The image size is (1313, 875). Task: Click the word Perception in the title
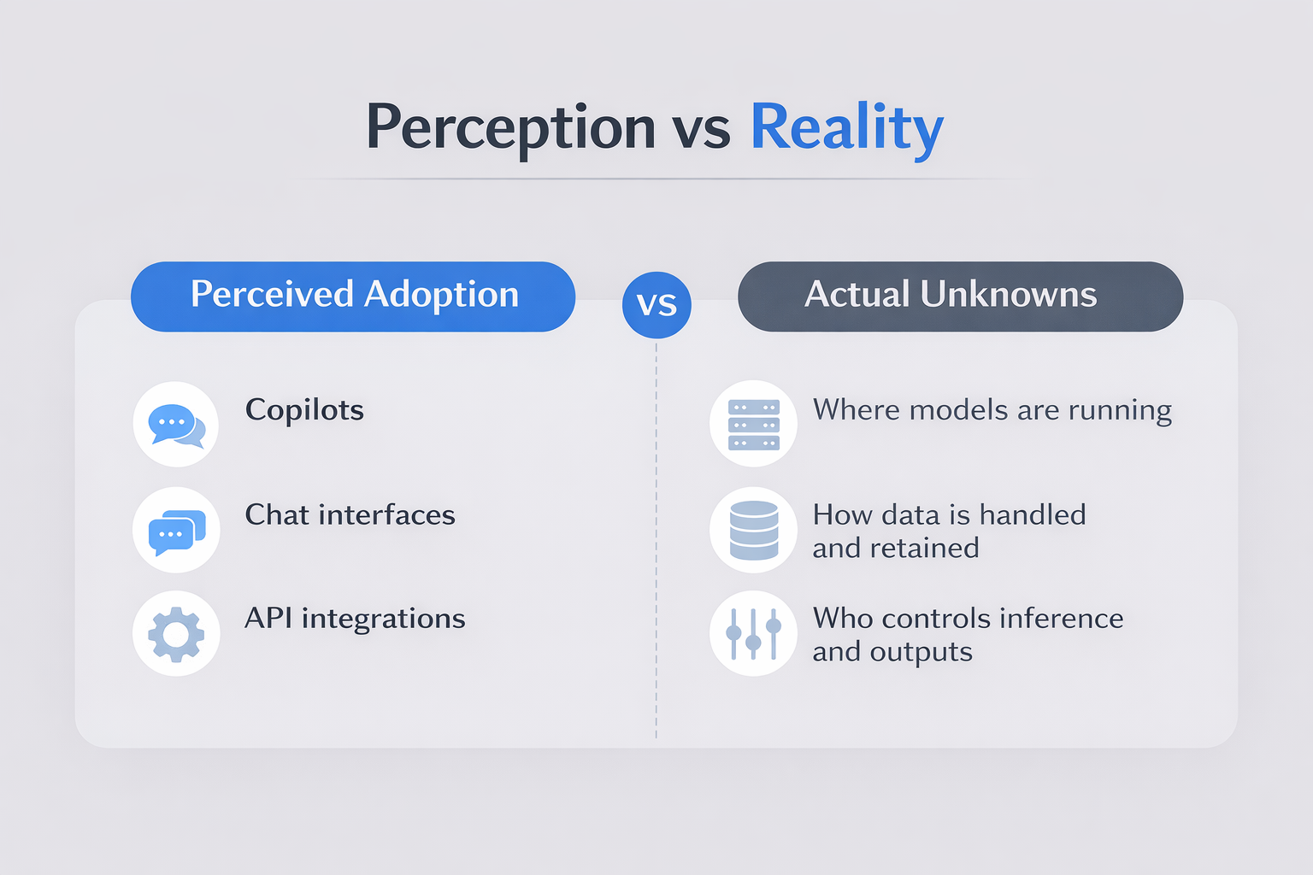[x=510, y=129]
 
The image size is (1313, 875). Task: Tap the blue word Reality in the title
[x=847, y=129]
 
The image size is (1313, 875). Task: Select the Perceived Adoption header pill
[x=353, y=297]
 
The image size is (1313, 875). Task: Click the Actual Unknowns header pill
[x=960, y=297]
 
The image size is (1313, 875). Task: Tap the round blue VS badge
[x=656, y=305]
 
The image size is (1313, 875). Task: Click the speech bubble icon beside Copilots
[x=176, y=425]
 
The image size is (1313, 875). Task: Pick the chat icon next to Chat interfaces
[x=176, y=530]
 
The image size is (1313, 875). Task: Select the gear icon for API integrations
[x=176, y=633]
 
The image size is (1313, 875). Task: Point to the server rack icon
[x=753, y=424]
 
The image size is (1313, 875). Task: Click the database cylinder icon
[x=753, y=530]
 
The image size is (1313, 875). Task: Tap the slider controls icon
[x=753, y=633]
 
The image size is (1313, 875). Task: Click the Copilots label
[x=304, y=410]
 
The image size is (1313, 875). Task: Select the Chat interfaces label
[x=350, y=514]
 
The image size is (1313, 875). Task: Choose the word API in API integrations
[x=268, y=619]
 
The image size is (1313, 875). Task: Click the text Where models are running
[x=992, y=410]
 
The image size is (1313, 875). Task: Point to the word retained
[x=924, y=548]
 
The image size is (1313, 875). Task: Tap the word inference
[x=1061, y=619]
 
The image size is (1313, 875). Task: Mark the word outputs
[x=921, y=652]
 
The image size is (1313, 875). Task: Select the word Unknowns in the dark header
[x=1008, y=294]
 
